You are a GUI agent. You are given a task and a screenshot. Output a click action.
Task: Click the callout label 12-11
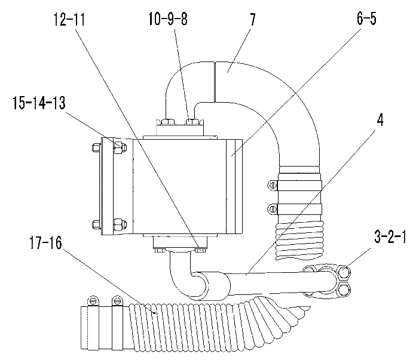pyautogui.click(x=69, y=20)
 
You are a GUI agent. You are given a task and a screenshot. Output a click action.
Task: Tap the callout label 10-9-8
pyautogui.click(x=168, y=19)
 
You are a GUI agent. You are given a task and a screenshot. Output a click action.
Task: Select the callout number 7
pyautogui.click(x=252, y=20)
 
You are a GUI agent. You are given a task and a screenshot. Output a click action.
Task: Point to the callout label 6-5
pyautogui.click(x=366, y=19)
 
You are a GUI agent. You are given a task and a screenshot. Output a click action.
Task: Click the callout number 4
pyautogui.click(x=380, y=120)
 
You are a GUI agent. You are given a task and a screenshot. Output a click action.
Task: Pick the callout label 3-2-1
pyautogui.click(x=390, y=236)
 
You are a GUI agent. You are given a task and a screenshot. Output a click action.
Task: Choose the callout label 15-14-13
pyautogui.click(x=39, y=103)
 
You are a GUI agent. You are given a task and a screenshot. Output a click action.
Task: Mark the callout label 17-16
pyautogui.click(x=45, y=243)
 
